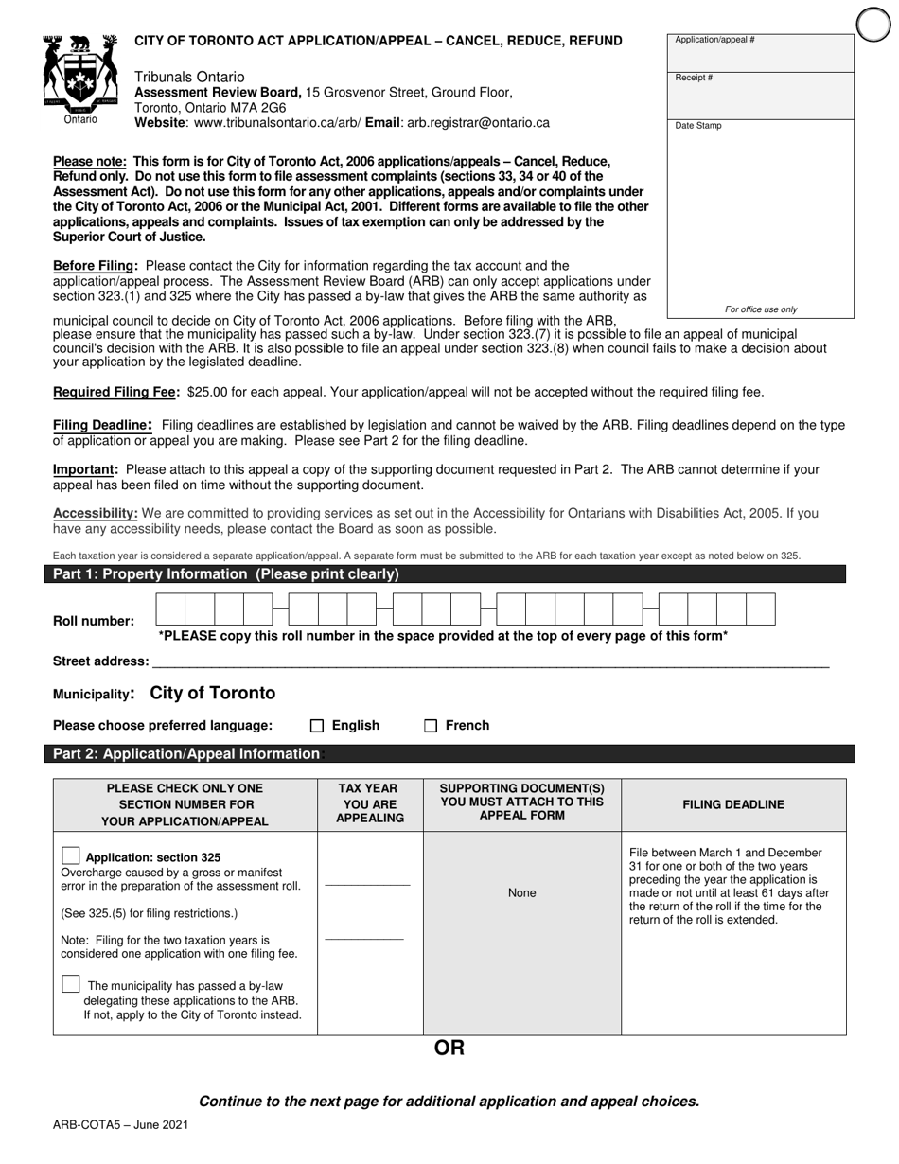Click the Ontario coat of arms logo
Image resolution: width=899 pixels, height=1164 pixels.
tap(80, 76)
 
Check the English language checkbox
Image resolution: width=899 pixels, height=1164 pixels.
tap(317, 726)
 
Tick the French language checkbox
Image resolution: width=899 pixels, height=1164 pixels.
tap(431, 726)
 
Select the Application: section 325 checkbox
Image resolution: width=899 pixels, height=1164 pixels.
tap(71, 855)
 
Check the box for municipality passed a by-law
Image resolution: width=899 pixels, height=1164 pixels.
tap(71, 984)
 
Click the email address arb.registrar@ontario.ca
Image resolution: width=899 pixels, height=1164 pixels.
tap(478, 123)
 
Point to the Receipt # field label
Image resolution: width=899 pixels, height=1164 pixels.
tap(694, 78)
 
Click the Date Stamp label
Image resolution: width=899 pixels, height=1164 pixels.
tap(697, 125)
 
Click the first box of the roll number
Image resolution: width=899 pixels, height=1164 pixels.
tap(170, 608)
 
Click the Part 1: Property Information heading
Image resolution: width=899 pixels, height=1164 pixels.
tap(226, 574)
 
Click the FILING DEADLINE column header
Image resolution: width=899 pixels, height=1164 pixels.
tap(733, 804)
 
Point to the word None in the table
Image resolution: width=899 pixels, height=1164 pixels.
tap(521, 892)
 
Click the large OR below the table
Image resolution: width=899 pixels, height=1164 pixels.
tap(449, 1048)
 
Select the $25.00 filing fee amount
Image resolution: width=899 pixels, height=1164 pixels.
tap(207, 392)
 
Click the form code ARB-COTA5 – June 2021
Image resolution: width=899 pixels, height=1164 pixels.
tap(120, 1124)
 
